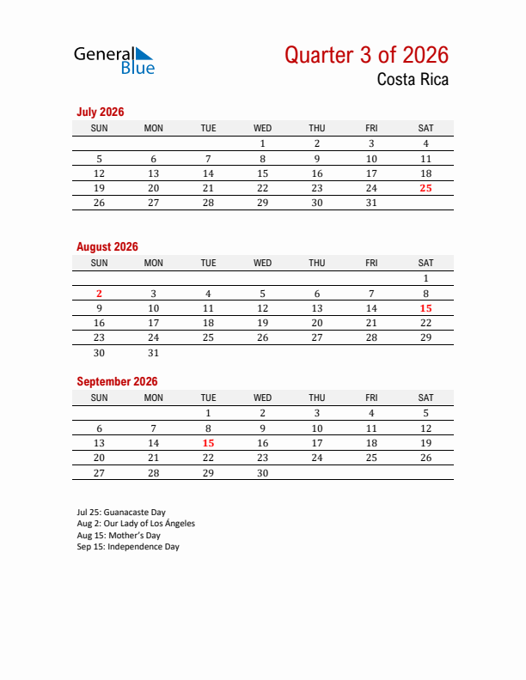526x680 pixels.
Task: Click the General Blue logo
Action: pyautogui.click(x=114, y=59)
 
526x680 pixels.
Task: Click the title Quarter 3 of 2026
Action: pyautogui.click(x=366, y=55)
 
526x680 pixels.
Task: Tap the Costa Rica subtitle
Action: pyautogui.click(x=412, y=81)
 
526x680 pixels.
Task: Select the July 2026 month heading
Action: pyautogui.click(x=101, y=112)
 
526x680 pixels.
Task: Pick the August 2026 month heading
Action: pyautogui.click(x=107, y=246)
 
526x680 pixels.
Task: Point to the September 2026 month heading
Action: pyautogui.click(x=117, y=381)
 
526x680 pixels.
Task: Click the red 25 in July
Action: pyautogui.click(x=425, y=188)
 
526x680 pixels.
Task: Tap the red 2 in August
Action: pyautogui.click(x=99, y=294)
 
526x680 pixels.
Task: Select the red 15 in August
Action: pyautogui.click(x=425, y=308)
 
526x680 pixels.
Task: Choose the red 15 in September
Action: pyautogui.click(x=208, y=443)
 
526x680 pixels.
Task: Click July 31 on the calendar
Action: pyautogui.click(x=371, y=203)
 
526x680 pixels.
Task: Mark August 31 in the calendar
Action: pyautogui.click(x=154, y=353)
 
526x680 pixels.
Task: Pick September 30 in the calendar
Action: pyautogui.click(x=263, y=473)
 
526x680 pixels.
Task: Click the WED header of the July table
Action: pyautogui.click(x=263, y=128)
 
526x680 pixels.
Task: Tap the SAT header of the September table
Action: pyautogui.click(x=425, y=398)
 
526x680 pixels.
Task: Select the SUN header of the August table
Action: pyautogui.click(x=99, y=263)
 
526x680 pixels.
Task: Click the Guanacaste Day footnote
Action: pyautogui.click(x=121, y=512)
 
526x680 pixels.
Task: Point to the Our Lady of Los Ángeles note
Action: pyautogui.click(x=136, y=523)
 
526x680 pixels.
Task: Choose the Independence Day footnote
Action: pyautogui.click(x=128, y=547)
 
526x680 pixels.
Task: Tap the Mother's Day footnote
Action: pyautogui.click(x=119, y=535)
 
